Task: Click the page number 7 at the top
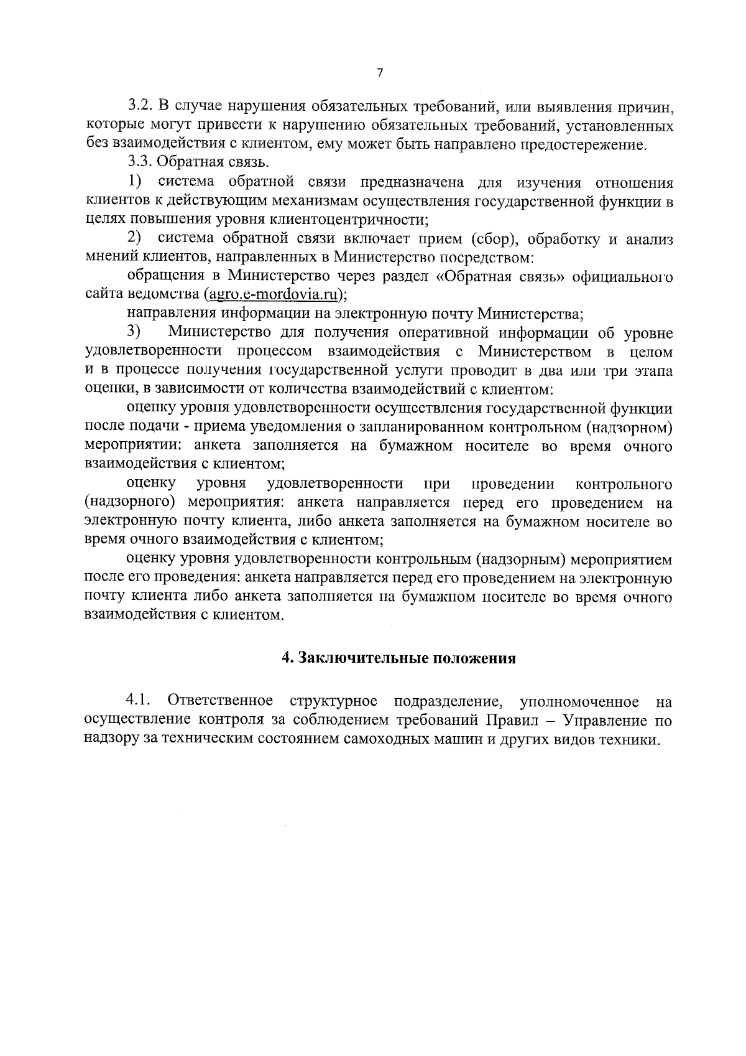(x=380, y=73)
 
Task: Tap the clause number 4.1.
(x=139, y=701)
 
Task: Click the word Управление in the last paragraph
(x=602, y=721)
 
